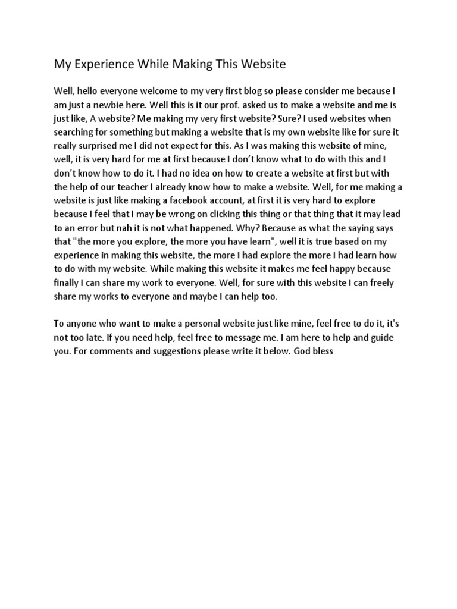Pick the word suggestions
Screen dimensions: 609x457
[166, 351]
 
